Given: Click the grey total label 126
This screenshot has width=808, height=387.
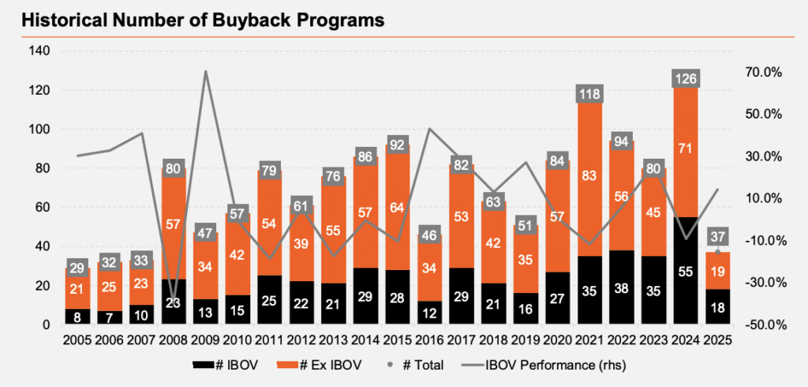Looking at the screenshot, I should pos(684,78).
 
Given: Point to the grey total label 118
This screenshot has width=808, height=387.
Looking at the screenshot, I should pos(589,94).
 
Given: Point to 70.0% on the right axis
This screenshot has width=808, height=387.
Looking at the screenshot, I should pos(761,72).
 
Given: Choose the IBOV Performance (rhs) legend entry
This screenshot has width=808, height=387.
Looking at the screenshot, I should pos(544,365).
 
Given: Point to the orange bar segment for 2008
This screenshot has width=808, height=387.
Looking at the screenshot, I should pos(174,224).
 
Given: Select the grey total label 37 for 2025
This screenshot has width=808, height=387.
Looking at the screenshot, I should pos(716,236).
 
